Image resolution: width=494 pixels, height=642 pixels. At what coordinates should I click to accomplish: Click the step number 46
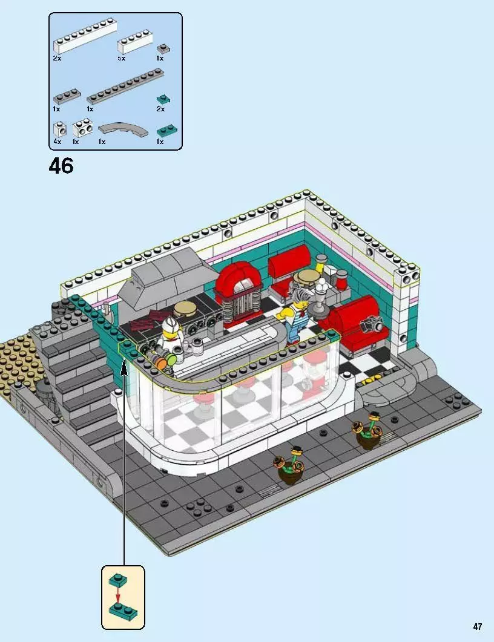61,165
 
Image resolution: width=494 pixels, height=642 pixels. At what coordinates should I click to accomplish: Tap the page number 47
478,626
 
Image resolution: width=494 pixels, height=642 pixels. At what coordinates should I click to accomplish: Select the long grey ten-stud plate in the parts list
125,87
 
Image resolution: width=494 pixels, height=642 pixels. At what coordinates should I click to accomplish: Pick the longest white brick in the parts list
84,39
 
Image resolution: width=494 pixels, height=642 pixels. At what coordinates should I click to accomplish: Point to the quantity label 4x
57,142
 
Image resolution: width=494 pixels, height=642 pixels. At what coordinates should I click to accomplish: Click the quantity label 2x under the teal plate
160,109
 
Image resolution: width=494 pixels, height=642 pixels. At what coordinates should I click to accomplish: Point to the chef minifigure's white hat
170,327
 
